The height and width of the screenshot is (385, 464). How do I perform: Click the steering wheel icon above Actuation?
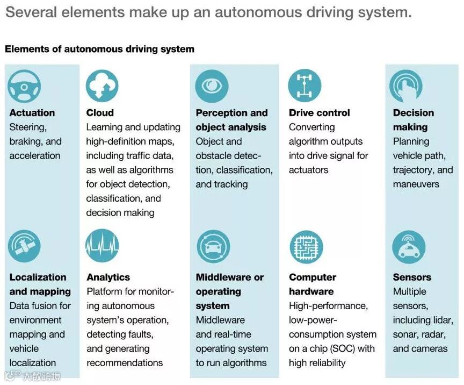tap(24, 86)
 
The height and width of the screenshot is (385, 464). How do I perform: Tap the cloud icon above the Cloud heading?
tap(102, 86)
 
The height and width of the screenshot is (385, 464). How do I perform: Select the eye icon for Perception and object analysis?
tap(212, 86)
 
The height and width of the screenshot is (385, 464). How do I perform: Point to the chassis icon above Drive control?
tap(305, 86)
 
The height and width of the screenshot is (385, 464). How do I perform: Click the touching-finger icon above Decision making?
tap(409, 86)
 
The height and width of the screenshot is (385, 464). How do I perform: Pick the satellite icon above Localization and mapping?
tap(24, 246)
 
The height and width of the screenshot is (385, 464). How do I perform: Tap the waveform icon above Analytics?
tap(102, 246)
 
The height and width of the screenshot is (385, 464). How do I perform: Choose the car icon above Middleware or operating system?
tap(212, 246)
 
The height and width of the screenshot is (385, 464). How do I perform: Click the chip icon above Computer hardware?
tap(305, 246)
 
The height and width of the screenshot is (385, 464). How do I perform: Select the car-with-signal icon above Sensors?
tap(409, 246)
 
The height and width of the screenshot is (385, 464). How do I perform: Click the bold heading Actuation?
tap(32, 113)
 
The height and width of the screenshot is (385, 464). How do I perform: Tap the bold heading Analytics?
tap(108, 277)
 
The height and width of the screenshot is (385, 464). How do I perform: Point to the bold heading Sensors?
tap(412, 277)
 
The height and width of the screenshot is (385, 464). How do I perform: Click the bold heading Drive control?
tap(319, 113)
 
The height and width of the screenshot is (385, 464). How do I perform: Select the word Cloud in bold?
tap(100, 113)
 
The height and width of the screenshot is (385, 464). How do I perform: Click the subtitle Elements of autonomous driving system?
tap(99, 49)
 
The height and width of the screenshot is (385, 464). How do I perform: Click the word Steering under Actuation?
tap(28, 127)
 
